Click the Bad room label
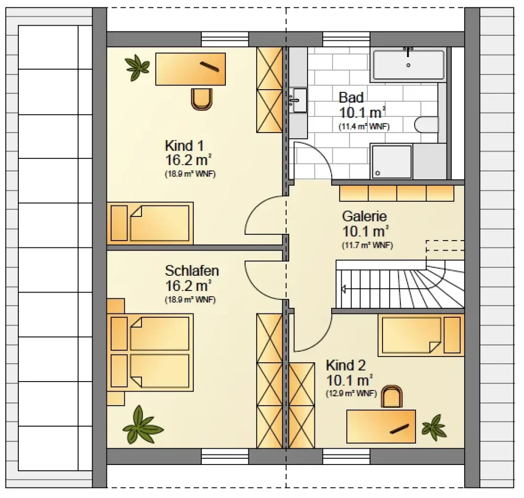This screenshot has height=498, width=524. pos(351,98)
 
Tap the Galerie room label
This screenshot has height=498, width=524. pos(364,216)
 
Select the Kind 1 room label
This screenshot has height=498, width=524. pos(184,146)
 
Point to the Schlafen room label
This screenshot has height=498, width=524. pos(192,270)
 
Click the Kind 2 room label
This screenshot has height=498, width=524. pos(346,365)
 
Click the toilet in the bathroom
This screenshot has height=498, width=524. pos(427,125)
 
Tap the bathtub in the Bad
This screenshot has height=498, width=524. pos(408,64)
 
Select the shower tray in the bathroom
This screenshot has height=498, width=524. pos(391,162)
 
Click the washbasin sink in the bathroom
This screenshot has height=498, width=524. pos(298,100)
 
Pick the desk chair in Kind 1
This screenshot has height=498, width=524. pos(202,99)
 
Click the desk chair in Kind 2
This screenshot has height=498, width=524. pos(391,396)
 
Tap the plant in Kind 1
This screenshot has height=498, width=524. pos(137,67)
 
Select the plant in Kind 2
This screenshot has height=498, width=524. pos(434,428)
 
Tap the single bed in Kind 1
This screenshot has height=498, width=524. pos(150,223)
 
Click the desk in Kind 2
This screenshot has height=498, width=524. pos(381,427)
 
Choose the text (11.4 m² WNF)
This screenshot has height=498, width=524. pos(364,127)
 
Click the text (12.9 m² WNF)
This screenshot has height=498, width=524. pos(351,393)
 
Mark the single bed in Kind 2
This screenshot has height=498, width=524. pos(421,335)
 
